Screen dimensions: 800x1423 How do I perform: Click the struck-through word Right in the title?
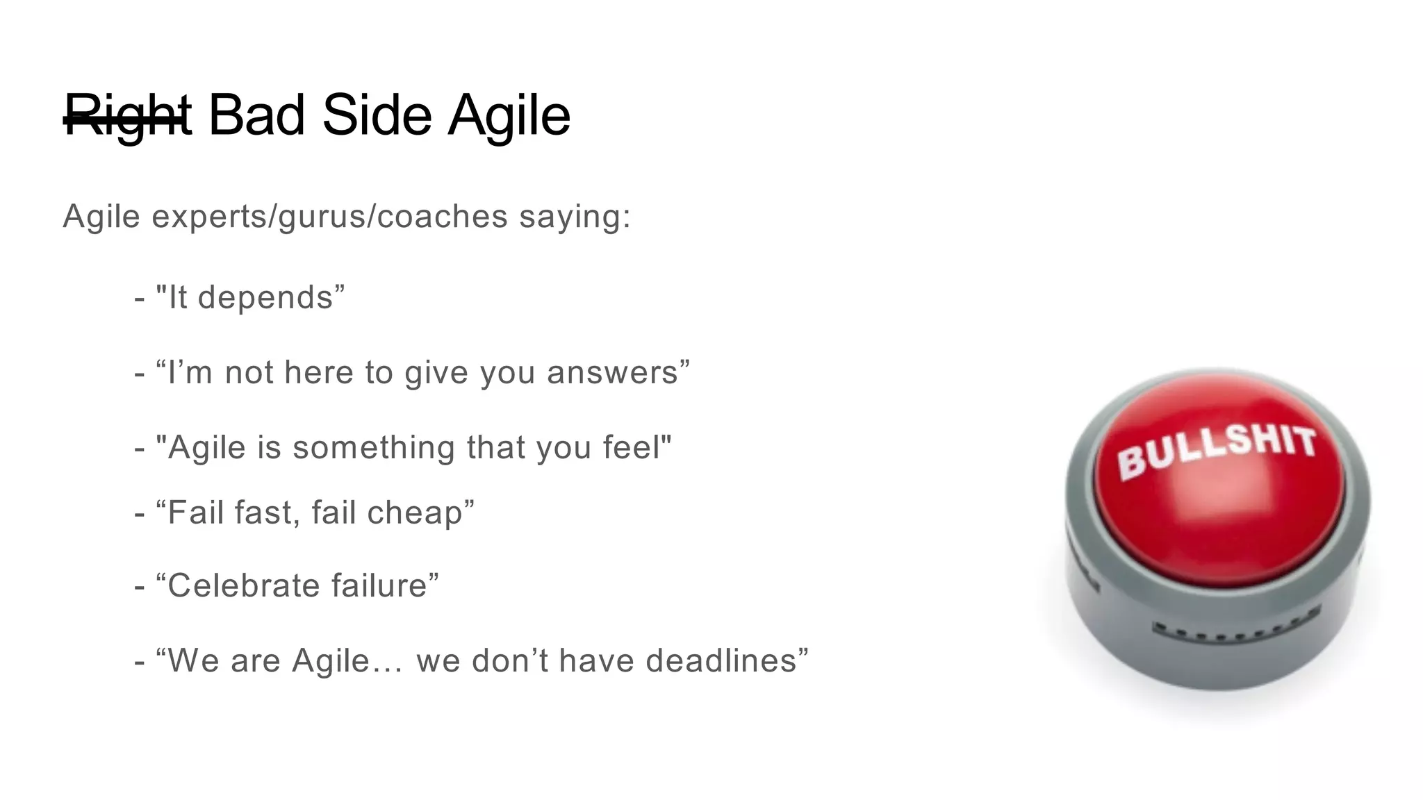pyautogui.click(x=127, y=116)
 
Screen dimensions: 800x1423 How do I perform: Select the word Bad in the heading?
pyautogui.click(x=256, y=115)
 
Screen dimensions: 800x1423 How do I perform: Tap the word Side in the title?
pyautogui.click(x=377, y=115)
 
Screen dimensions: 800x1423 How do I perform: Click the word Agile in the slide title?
pyautogui.click(x=509, y=116)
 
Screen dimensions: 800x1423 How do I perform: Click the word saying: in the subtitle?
pyautogui.click(x=575, y=217)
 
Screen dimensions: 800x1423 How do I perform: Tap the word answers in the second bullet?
pyautogui.click(x=612, y=373)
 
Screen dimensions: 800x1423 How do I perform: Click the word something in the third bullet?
pyautogui.click(x=373, y=448)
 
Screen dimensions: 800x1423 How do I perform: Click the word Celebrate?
pyautogui.click(x=243, y=585)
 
